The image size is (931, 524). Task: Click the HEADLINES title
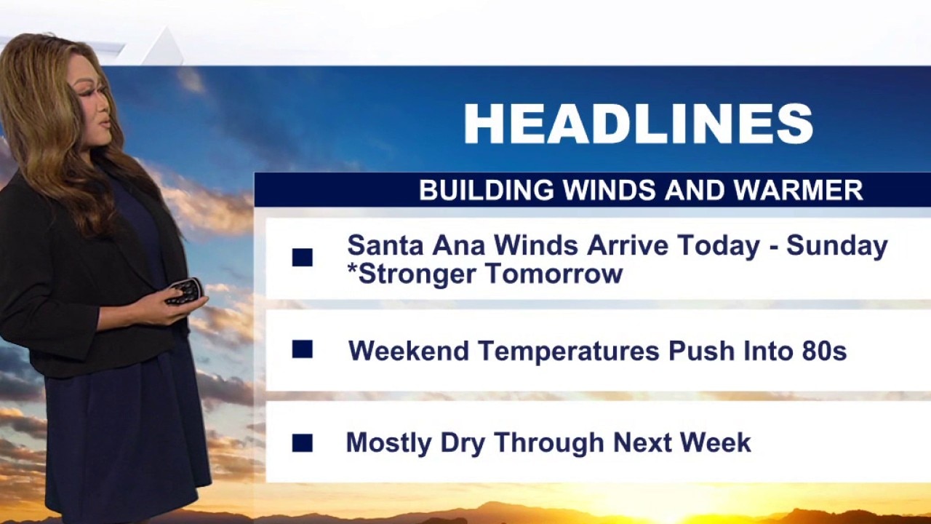(x=638, y=124)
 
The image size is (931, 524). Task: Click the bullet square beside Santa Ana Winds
(x=302, y=258)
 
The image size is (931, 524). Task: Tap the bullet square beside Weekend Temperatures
(x=302, y=349)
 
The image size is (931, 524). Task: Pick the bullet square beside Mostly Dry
(x=302, y=443)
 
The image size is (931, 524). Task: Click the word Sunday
(x=837, y=246)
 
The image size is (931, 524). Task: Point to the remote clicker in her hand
(x=185, y=290)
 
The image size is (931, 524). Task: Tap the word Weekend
(x=409, y=351)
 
